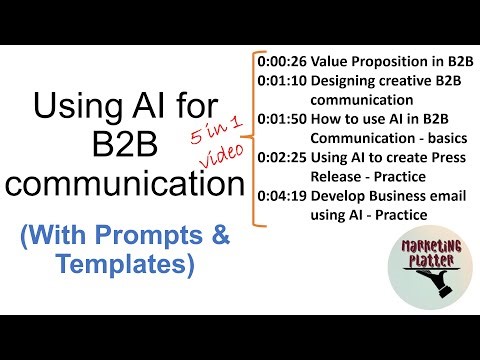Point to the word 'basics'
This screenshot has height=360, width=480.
click(x=425, y=139)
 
